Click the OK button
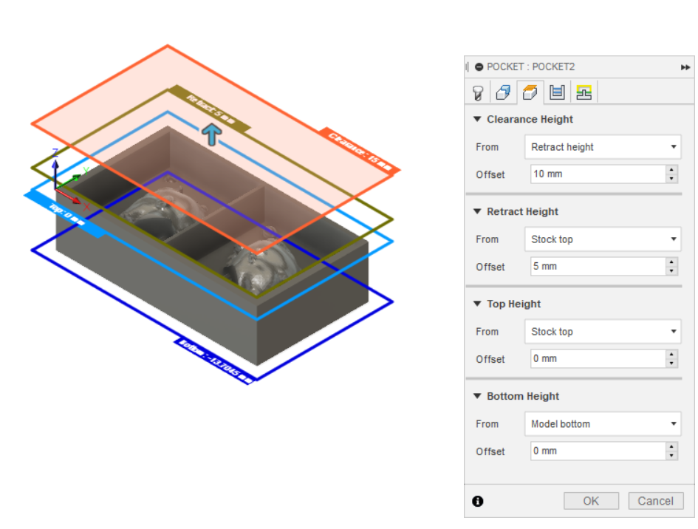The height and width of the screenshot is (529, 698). pyautogui.click(x=591, y=501)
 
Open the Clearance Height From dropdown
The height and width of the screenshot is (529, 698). pyautogui.click(x=602, y=147)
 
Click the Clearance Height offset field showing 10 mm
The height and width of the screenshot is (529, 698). pyautogui.click(x=597, y=174)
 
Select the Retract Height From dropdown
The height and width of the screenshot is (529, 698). pyautogui.click(x=602, y=239)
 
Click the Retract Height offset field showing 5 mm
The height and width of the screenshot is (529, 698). pyautogui.click(x=597, y=267)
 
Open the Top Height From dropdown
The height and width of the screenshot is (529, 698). pyautogui.click(x=602, y=332)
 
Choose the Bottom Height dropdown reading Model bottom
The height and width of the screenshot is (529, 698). pyautogui.click(x=602, y=424)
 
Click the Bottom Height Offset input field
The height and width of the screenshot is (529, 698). pyautogui.click(x=597, y=451)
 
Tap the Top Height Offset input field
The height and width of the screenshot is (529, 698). pyautogui.click(x=597, y=359)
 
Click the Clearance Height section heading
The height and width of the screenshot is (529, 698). pyautogui.click(x=529, y=120)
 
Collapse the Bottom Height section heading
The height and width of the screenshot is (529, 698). pyautogui.click(x=522, y=397)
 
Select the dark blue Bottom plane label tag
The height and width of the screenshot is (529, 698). pyautogui.click(x=215, y=361)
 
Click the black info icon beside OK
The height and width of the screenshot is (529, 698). pyautogui.click(x=478, y=502)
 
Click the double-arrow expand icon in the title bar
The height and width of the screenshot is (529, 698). pyautogui.click(x=685, y=67)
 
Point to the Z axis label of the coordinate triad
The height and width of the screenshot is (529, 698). pyautogui.click(x=55, y=152)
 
